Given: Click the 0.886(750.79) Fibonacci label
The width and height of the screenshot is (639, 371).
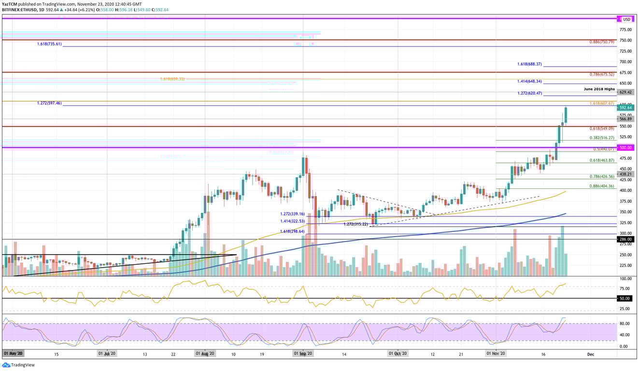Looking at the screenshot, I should (x=601, y=42).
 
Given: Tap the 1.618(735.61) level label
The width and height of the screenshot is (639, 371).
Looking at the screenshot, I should (x=49, y=44).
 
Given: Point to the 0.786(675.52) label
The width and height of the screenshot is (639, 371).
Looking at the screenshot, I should (x=601, y=74).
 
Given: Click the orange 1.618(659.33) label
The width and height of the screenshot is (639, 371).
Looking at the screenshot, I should (x=172, y=79).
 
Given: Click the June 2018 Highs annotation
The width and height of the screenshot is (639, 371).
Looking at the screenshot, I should (x=599, y=89).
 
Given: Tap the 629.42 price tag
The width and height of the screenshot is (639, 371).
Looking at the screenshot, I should (x=625, y=92).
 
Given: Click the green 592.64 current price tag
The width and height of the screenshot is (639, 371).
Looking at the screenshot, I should (x=625, y=108).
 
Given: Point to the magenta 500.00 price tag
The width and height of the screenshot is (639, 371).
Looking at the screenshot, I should (x=625, y=148).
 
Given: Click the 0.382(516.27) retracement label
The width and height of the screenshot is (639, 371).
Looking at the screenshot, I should (x=601, y=138).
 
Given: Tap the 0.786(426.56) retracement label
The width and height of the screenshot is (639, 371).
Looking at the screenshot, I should (x=601, y=176).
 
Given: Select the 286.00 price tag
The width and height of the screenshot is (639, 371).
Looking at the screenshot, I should (x=625, y=239).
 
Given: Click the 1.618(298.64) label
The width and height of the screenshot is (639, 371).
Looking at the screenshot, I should (x=292, y=231).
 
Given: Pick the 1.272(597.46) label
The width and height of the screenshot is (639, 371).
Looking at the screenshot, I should (x=49, y=103).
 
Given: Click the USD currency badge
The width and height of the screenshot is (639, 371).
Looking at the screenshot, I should (x=626, y=19).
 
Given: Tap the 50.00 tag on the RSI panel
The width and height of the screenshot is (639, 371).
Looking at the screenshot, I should (x=625, y=299).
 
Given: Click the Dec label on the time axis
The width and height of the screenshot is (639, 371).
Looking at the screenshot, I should (x=590, y=354).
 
